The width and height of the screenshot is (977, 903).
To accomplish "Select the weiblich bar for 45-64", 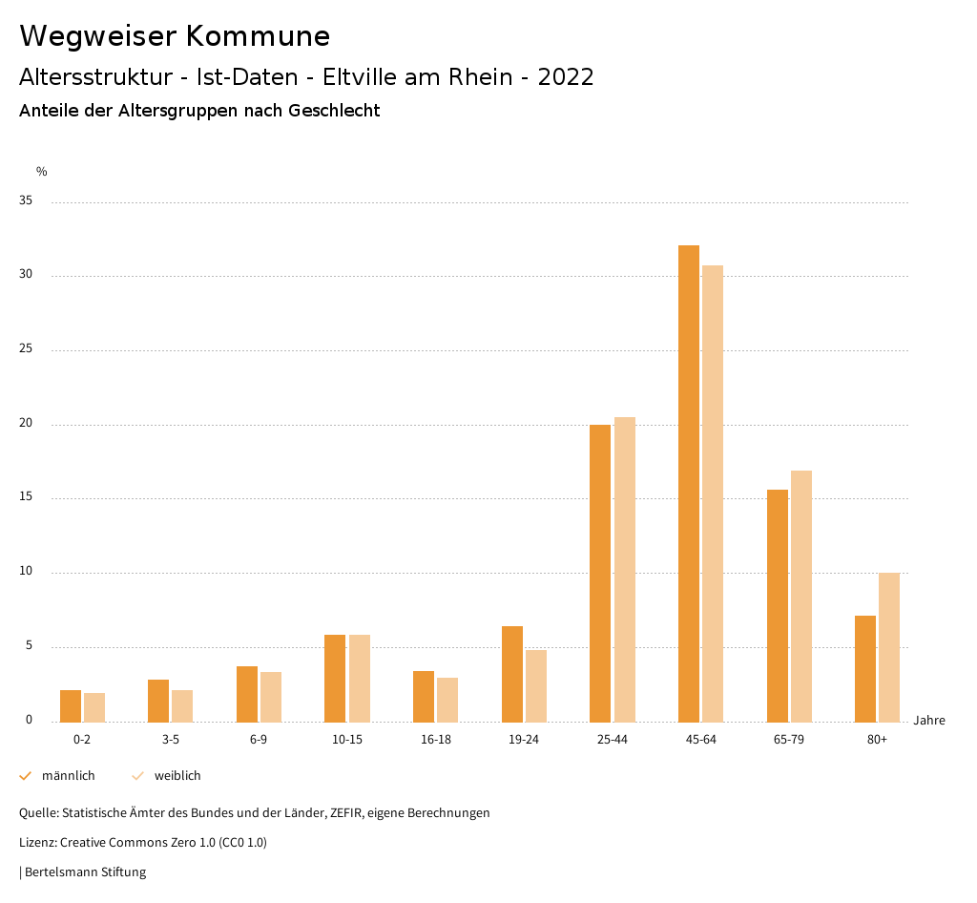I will pyautogui.click(x=713, y=493).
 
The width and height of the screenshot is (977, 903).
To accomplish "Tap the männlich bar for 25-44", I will pyautogui.click(x=600, y=573).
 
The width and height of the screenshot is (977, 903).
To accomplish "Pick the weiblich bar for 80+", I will pyautogui.click(x=889, y=647).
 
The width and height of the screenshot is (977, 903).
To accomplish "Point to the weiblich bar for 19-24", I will pyautogui.click(x=536, y=685).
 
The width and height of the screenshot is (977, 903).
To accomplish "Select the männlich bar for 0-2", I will pyautogui.click(x=71, y=705).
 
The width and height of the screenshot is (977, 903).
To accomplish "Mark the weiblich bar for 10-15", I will pyautogui.click(x=360, y=678).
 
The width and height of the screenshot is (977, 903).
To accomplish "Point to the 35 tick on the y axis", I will pyautogui.click(x=26, y=201).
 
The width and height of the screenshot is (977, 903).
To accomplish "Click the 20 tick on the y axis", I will pyautogui.click(x=26, y=424).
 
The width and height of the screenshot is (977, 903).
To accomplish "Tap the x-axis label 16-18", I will pyautogui.click(x=435, y=740).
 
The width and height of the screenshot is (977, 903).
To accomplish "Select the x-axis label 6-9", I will pyautogui.click(x=259, y=740).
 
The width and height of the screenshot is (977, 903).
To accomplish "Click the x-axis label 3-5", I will pyautogui.click(x=170, y=740).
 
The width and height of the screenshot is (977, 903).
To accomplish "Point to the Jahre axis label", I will pyautogui.click(x=928, y=721).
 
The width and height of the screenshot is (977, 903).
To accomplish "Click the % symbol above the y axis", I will pyautogui.click(x=42, y=172).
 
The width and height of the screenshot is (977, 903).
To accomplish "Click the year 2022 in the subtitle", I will pyautogui.click(x=566, y=77).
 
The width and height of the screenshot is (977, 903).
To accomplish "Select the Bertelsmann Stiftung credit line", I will pyautogui.click(x=85, y=872).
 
